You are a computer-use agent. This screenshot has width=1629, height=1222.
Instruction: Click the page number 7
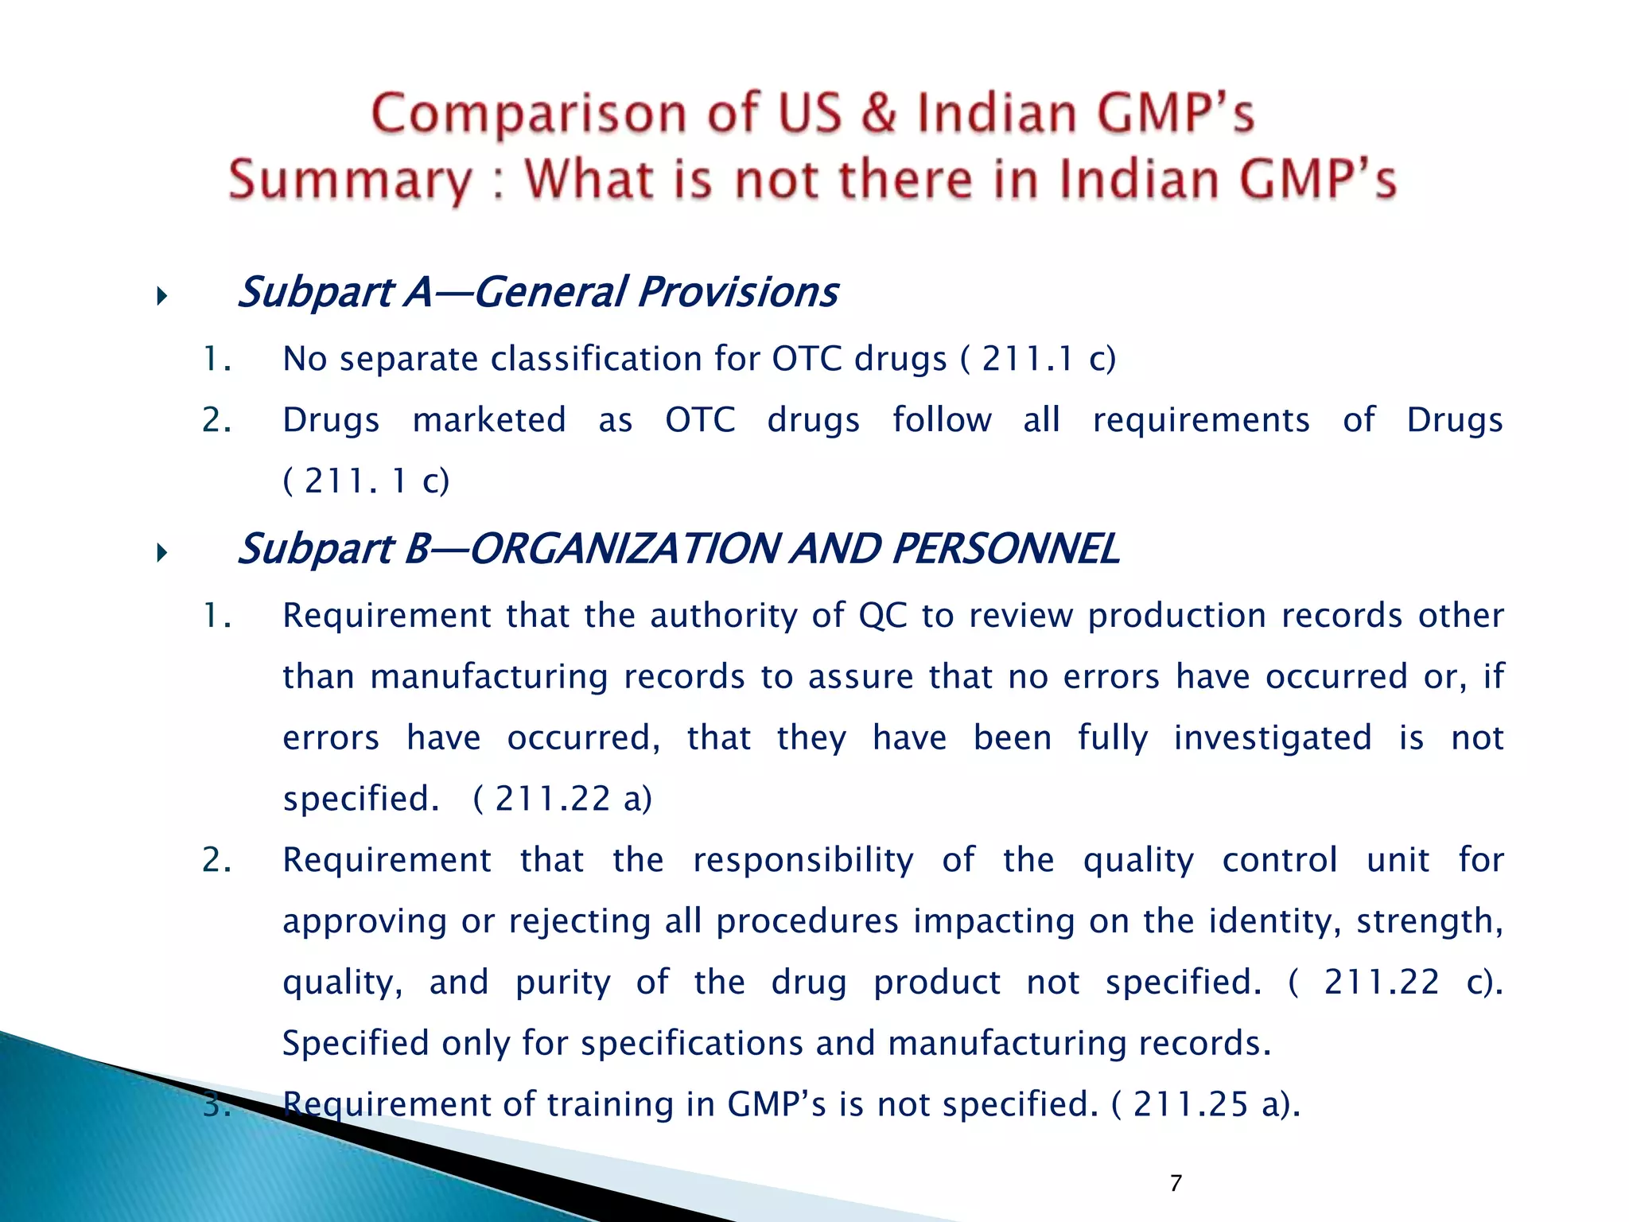pyautogui.click(x=1176, y=1184)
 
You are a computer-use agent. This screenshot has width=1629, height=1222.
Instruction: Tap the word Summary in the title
pyautogui.click(x=350, y=181)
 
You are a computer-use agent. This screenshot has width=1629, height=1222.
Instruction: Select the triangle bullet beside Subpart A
pyautogui.click(x=161, y=298)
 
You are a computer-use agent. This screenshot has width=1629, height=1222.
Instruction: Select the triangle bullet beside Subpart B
pyautogui.click(x=161, y=553)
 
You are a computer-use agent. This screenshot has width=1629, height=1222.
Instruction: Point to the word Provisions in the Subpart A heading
pyautogui.click(x=737, y=291)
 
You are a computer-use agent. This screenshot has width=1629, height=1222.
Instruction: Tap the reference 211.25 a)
pyautogui.click(x=1215, y=1104)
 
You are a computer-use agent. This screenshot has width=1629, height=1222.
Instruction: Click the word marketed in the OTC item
pyautogui.click(x=488, y=420)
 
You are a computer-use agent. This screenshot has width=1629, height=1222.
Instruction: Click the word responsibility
pyautogui.click(x=803, y=860)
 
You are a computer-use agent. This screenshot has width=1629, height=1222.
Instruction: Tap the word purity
pyautogui.click(x=562, y=983)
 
